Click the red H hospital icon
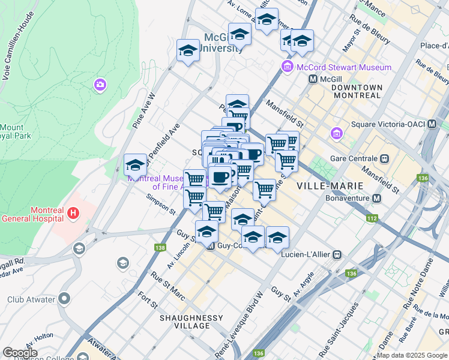click(73, 212)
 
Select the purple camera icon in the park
click(100, 85)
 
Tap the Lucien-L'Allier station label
click(306, 254)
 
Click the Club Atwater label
click(31, 299)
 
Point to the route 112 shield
click(372, 218)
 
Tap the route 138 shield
click(160, 247)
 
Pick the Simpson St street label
click(160, 203)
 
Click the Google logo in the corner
click(20, 353)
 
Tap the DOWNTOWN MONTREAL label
click(357, 92)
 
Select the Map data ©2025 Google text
click(412, 355)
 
